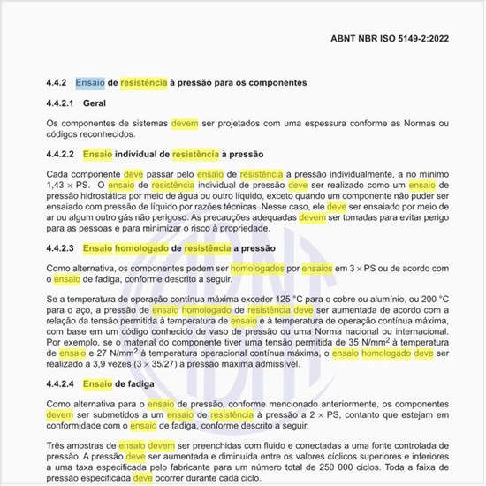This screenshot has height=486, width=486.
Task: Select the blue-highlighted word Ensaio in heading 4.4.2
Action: [x=91, y=82]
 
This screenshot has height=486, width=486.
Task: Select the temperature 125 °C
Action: [x=265, y=301]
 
